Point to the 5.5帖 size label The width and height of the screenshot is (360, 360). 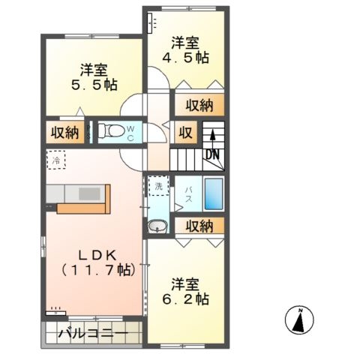(94, 85)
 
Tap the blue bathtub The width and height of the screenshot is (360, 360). (214, 194)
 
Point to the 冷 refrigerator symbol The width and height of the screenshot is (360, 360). (56, 159)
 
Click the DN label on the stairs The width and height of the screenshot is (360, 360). (213, 154)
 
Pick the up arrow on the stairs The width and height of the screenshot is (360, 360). (213, 137)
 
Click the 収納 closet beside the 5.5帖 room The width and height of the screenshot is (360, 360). (65, 133)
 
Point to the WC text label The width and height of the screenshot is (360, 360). (130, 133)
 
